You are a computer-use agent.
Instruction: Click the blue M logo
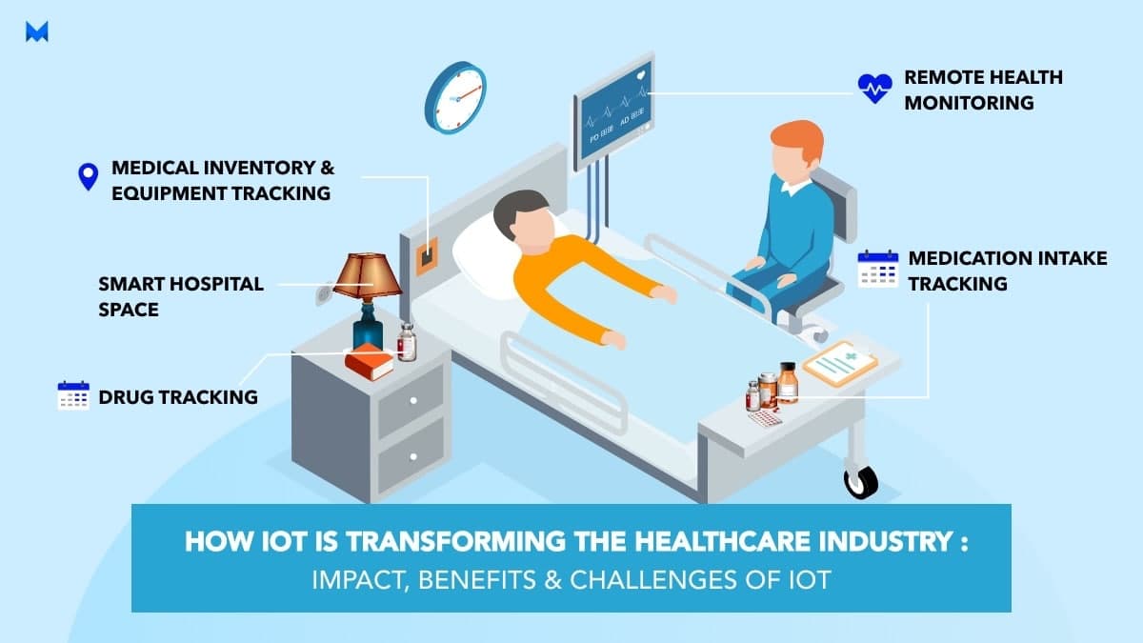tap(37, 31)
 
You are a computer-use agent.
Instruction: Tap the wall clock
tap(455, 98)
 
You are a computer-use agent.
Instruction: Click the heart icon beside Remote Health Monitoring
tap(875, 89)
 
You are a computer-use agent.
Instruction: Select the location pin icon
tap(89, 176)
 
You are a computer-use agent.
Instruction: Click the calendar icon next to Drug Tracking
tap(73, 395)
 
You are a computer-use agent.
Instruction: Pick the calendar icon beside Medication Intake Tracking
tap(878, 269)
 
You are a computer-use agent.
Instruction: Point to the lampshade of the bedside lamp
tap(368, 276)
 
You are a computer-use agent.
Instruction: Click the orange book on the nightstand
tap(369, 361)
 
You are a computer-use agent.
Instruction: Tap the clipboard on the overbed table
tap(840, 363)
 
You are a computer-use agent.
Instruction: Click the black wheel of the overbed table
tap(861, 482)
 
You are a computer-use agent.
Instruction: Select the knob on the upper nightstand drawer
tap(413, 401)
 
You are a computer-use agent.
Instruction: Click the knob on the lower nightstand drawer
tap(413, 456)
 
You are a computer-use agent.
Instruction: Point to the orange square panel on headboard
tap(427, 256)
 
